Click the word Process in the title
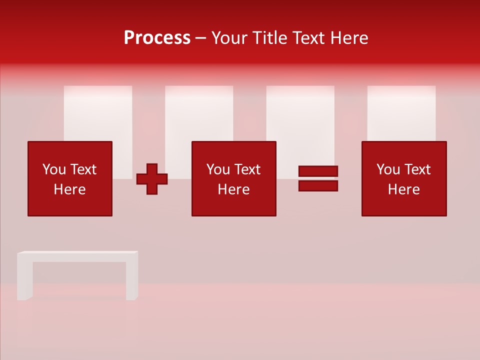[157, 38]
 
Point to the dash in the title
[201, 38]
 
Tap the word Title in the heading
[270, 38]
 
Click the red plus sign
[152, 179]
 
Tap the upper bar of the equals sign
[318, 171]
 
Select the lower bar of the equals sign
[318, 186]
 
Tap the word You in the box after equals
[387, 169]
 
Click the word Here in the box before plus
[70, 189]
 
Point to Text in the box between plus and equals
[248, 169]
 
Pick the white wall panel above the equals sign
[300, 115]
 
